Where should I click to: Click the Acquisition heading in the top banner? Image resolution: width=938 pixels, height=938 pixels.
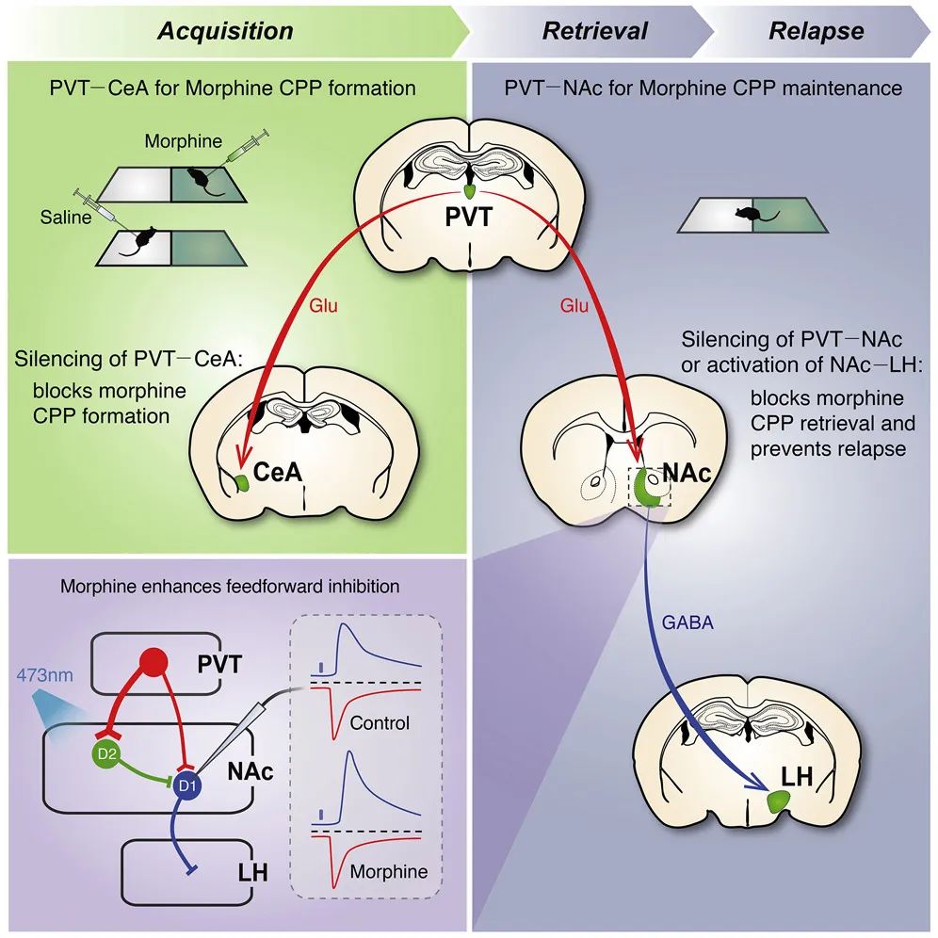point(225,31)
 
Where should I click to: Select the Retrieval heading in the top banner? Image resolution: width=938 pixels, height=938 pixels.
point(594,31)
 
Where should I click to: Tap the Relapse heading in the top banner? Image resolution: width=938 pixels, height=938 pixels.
point(816,31)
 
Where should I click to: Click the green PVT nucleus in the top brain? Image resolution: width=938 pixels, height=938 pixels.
point(470,191)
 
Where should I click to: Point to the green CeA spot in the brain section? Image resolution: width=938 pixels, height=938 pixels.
point(242,482)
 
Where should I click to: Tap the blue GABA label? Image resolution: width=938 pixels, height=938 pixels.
point(687,623)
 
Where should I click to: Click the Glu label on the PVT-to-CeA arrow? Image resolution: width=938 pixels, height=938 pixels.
point(323,306)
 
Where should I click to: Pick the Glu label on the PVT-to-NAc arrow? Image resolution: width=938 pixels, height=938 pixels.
point(574,306)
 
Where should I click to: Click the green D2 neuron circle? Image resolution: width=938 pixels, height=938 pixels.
point(106,753)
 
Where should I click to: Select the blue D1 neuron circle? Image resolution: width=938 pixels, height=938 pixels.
point(187,785)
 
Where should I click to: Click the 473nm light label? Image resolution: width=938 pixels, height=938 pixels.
point(45,675)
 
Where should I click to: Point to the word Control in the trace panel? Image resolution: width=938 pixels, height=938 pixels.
point(380,723)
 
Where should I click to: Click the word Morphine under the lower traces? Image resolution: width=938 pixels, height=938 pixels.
point(389,871)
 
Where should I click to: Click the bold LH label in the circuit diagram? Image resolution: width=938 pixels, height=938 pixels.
point(252,872)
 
